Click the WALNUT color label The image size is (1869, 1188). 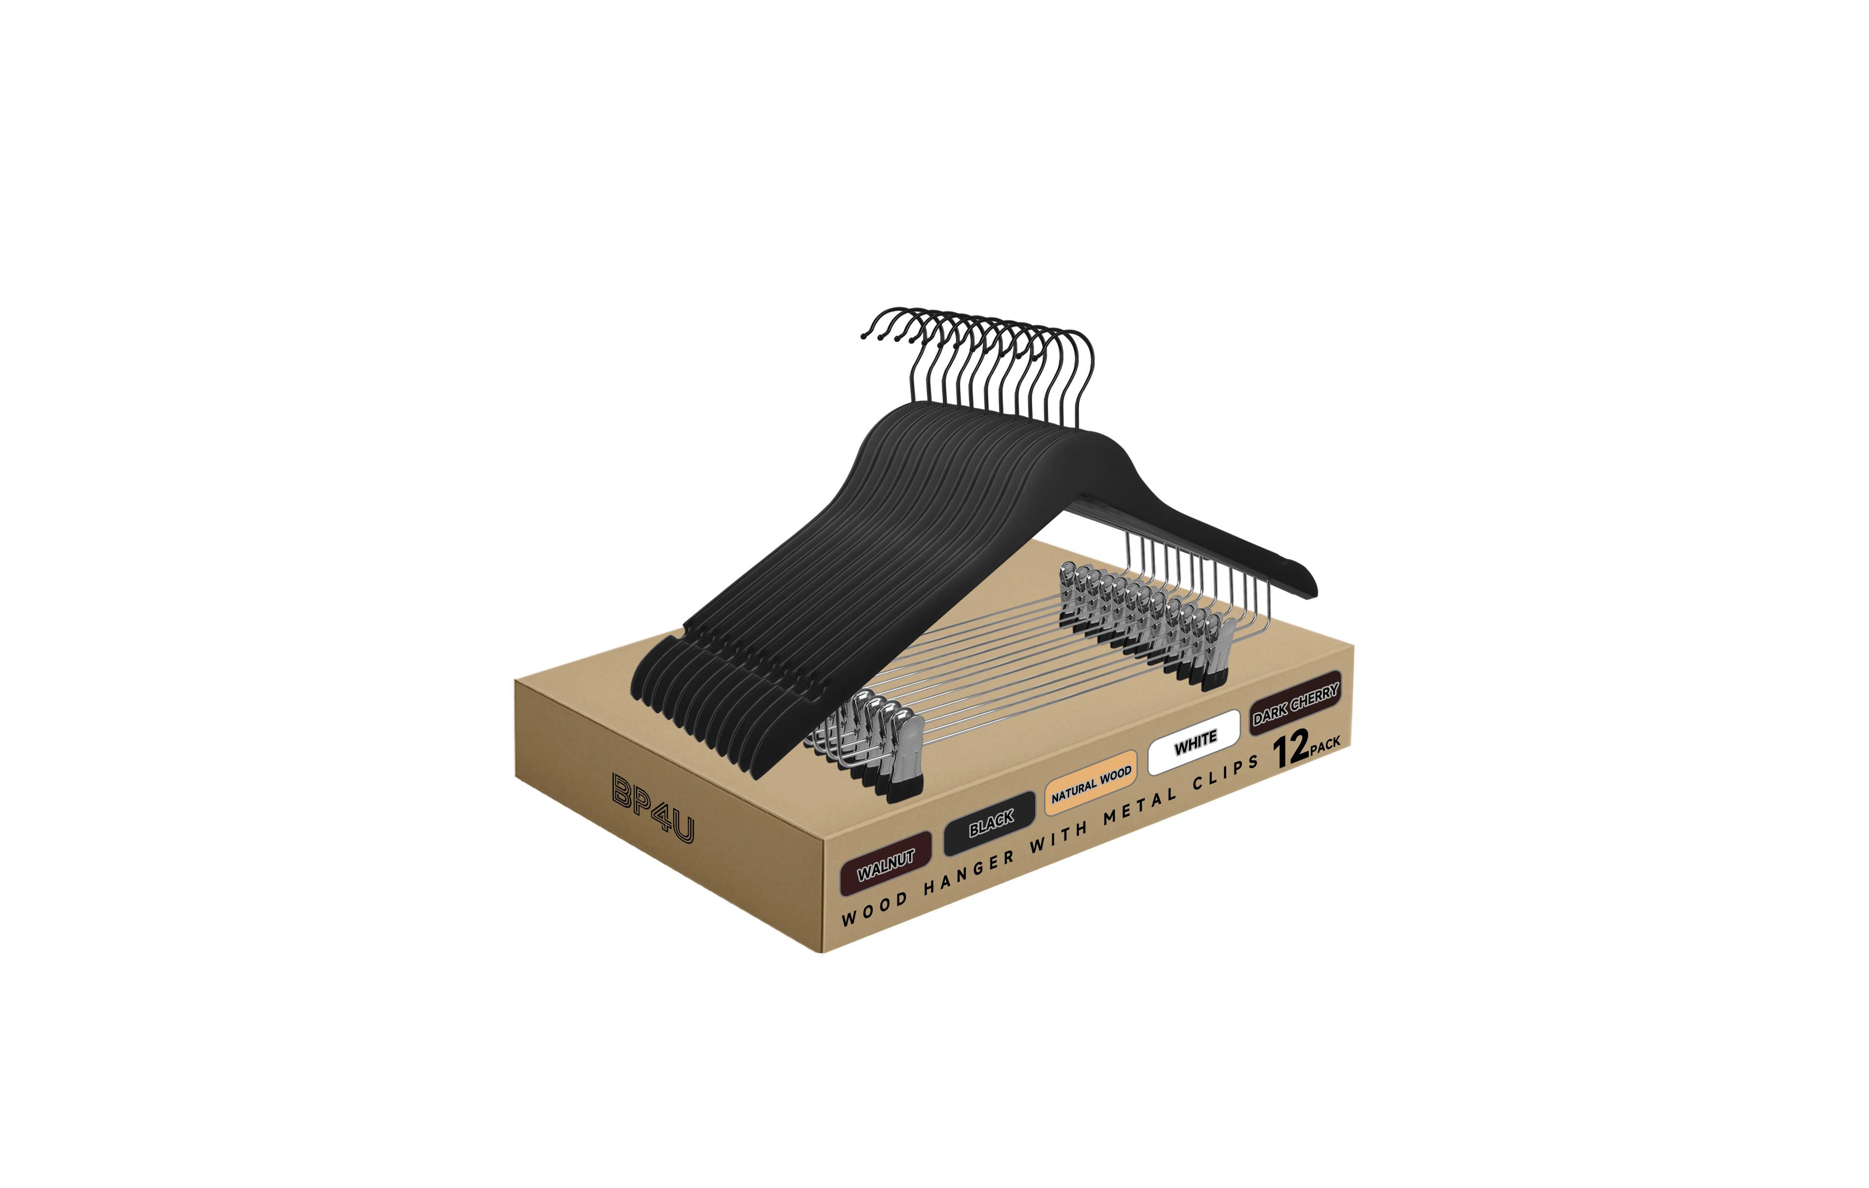coord(886,864)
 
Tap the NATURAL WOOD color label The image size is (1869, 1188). coord(1091,783)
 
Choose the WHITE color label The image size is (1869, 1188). coord(1194,742)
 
